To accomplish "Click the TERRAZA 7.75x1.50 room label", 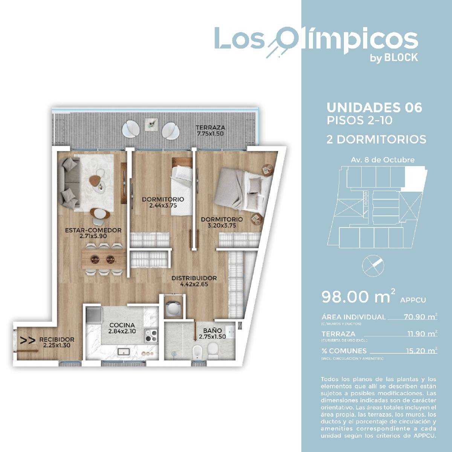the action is tap(211, 131).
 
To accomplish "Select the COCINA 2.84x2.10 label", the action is tap(122, 328).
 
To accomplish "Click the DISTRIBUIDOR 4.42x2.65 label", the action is tap(194, 281).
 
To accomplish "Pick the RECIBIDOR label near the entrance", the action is tap(57, 342).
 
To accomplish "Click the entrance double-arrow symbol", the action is tap(27, 341).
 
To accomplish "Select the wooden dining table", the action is tap(104, 259).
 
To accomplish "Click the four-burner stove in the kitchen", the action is tap(151, 336).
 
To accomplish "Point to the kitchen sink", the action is tap(124, 351).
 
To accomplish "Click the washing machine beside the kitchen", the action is tap(173, 307).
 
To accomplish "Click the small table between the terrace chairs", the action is tap(150, 124).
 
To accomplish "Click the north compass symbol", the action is tap(373, 266).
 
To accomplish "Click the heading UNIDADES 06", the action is tap(374, 108).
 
